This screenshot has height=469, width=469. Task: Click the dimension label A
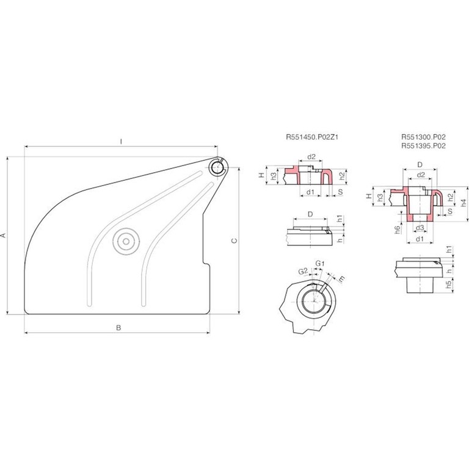tap(4, 235)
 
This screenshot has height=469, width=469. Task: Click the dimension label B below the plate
tap(118, 328)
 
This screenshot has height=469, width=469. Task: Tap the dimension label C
tap(234, 241)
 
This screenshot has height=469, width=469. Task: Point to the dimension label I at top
tap(121, 142)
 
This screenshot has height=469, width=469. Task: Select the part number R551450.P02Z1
tap(312, 137)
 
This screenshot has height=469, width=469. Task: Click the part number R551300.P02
tap(423, 137)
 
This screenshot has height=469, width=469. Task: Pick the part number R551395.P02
tap(423, 146)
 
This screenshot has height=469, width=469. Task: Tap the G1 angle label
tap(320, 264)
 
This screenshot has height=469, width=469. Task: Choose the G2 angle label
tap(303, 271)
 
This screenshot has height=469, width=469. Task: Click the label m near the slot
tap(341, 278)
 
